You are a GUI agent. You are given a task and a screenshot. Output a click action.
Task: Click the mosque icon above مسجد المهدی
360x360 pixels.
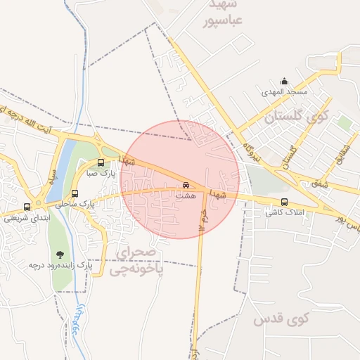point(284,81)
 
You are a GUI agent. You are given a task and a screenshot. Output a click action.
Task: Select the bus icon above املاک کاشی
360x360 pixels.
point(284,202)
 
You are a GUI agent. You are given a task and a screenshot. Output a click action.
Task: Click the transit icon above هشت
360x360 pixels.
point(186,186)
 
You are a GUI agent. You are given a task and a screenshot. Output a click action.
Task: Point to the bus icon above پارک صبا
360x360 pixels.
point(101,163)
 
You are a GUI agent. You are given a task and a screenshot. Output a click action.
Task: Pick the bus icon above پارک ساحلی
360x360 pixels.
point(75,194)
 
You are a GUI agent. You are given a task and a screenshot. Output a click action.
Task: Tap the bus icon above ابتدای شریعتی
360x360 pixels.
point(27,207)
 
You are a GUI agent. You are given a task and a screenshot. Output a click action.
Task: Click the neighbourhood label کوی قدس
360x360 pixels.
point(289,319)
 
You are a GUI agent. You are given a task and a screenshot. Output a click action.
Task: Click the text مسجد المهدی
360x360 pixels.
point(283,92)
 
